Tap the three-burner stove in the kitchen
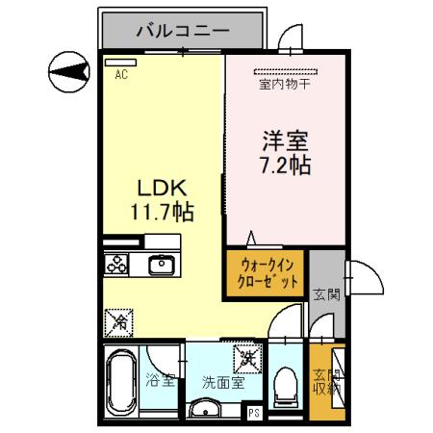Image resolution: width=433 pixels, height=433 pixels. click(x=117, y=264)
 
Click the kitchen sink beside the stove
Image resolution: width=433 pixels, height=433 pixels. click(x=160, y=264)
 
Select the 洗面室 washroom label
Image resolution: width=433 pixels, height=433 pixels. click(x=221, y=382)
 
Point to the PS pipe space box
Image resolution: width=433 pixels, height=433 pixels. click(x=254, y=415)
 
